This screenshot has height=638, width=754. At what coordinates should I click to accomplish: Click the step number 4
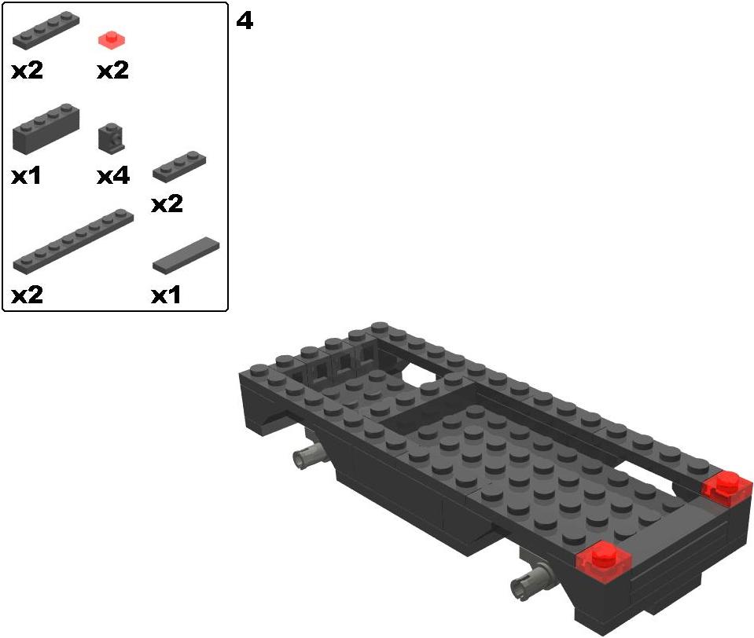point(245,21)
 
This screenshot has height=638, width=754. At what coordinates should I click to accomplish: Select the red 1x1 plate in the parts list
point(112,40)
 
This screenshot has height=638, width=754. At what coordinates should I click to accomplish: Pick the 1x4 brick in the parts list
point(46,129)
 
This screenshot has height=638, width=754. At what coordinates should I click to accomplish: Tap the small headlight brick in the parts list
point(112,137)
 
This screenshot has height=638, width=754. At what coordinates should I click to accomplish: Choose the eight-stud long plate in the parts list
point(73,242)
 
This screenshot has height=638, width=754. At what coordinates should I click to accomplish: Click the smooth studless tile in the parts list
point(186,255)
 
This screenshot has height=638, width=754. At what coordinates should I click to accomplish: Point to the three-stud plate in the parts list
point(179,167)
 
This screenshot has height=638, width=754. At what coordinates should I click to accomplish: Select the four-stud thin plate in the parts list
point(46,31)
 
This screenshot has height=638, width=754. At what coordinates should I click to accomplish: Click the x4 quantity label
point(113,176)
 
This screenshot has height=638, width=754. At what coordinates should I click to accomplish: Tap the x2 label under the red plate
point(113,71)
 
